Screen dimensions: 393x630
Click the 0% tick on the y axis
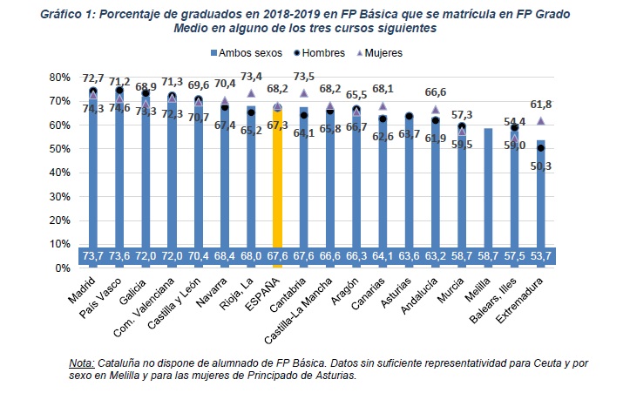click(60, 268)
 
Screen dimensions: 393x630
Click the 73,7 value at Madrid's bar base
click(92, 256)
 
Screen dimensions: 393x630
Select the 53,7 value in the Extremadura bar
click(540, 256)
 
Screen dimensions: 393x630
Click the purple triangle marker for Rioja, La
click(251, 93)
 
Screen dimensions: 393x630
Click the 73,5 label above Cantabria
click(303, 76)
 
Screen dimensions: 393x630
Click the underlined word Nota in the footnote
click(82, 363)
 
